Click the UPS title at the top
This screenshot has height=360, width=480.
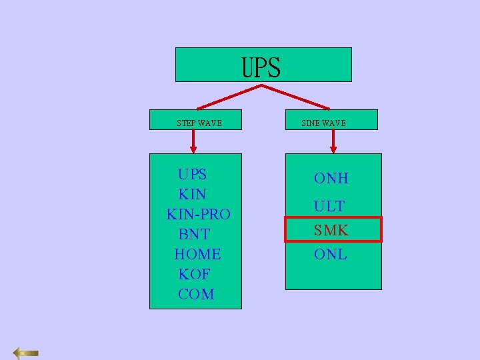[x=261, y=67]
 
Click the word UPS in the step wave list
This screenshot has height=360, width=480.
[x=192, y=175]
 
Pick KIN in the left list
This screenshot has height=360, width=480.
[x=192, y=195]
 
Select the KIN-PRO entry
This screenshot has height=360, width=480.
[x=198, y=215]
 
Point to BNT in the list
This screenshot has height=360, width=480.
[x=194, y=235]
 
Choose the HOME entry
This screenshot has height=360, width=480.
[x=197, y=255]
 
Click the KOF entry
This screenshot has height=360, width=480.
[x=194, y=275]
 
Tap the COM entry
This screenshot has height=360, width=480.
[x=196, y=295]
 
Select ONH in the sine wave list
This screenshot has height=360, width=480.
[x=331, y=178]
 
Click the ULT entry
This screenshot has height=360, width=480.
[x=329, y=206]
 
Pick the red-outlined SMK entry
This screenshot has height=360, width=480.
[x=332, y=230]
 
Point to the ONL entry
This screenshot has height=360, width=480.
[x=331, y=255]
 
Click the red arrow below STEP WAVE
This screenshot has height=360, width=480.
[x=193, y=141]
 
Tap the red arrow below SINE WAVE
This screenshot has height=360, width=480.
[x=333, y=141]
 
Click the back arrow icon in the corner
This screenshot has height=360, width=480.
[x=26, y=353]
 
